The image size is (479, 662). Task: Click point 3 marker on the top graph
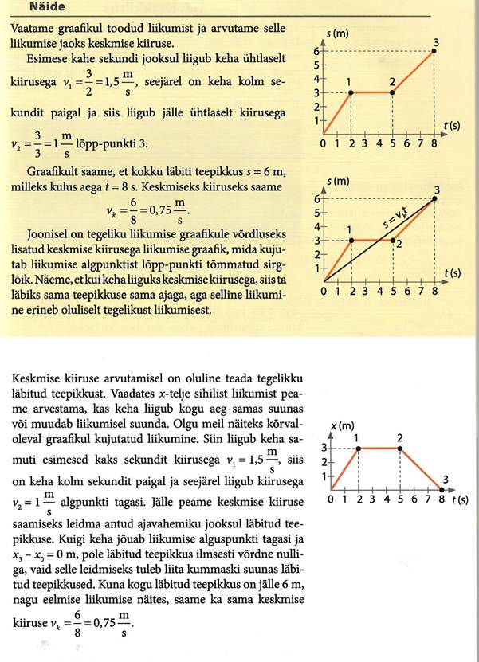434,51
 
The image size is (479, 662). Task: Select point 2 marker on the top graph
393,92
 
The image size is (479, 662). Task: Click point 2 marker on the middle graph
393,240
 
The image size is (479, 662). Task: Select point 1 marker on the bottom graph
359,449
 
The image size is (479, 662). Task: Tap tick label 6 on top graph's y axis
316,51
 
